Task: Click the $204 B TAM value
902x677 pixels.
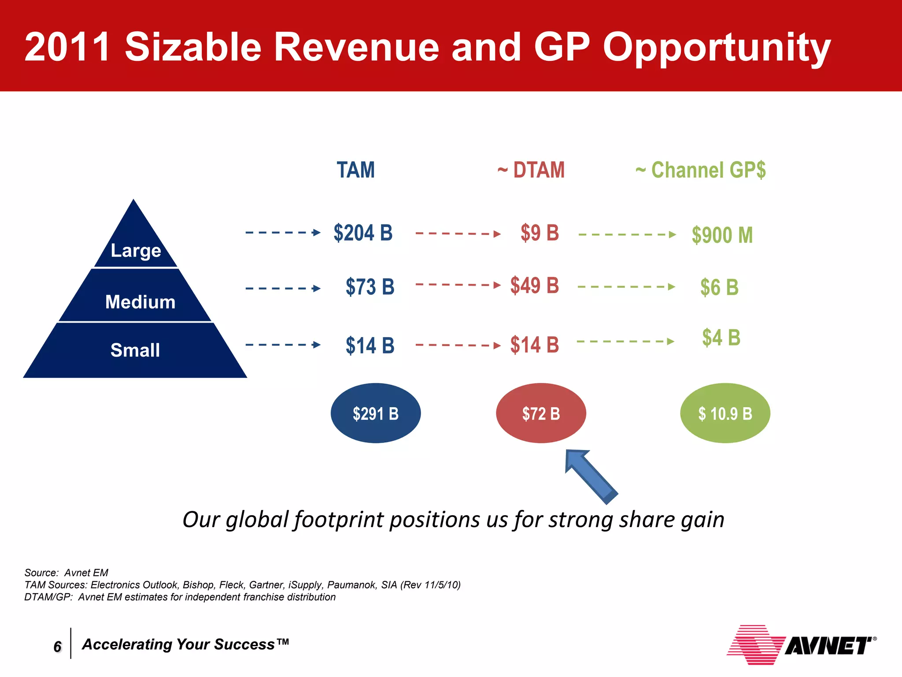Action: [363, 233]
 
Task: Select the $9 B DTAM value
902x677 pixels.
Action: [540, 233]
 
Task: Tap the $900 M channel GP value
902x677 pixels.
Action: [722, 235]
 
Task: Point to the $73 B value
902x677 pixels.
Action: [370, 287]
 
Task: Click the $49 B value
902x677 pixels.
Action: [534, 285]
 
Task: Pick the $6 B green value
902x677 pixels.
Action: [719, 287]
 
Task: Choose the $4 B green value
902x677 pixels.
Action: [721, 338]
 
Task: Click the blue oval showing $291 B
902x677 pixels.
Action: [376, 413]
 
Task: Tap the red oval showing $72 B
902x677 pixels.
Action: [541, 413]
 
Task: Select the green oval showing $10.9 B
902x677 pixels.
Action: [725, 413]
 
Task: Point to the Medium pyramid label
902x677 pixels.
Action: [140, 302]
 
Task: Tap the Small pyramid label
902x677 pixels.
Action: [135, 350]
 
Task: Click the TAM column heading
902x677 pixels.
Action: [355, 170]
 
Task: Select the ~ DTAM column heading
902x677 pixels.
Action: [531, 170]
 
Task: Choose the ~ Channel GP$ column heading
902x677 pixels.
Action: [700, 170]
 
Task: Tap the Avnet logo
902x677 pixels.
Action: [802, 645]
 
